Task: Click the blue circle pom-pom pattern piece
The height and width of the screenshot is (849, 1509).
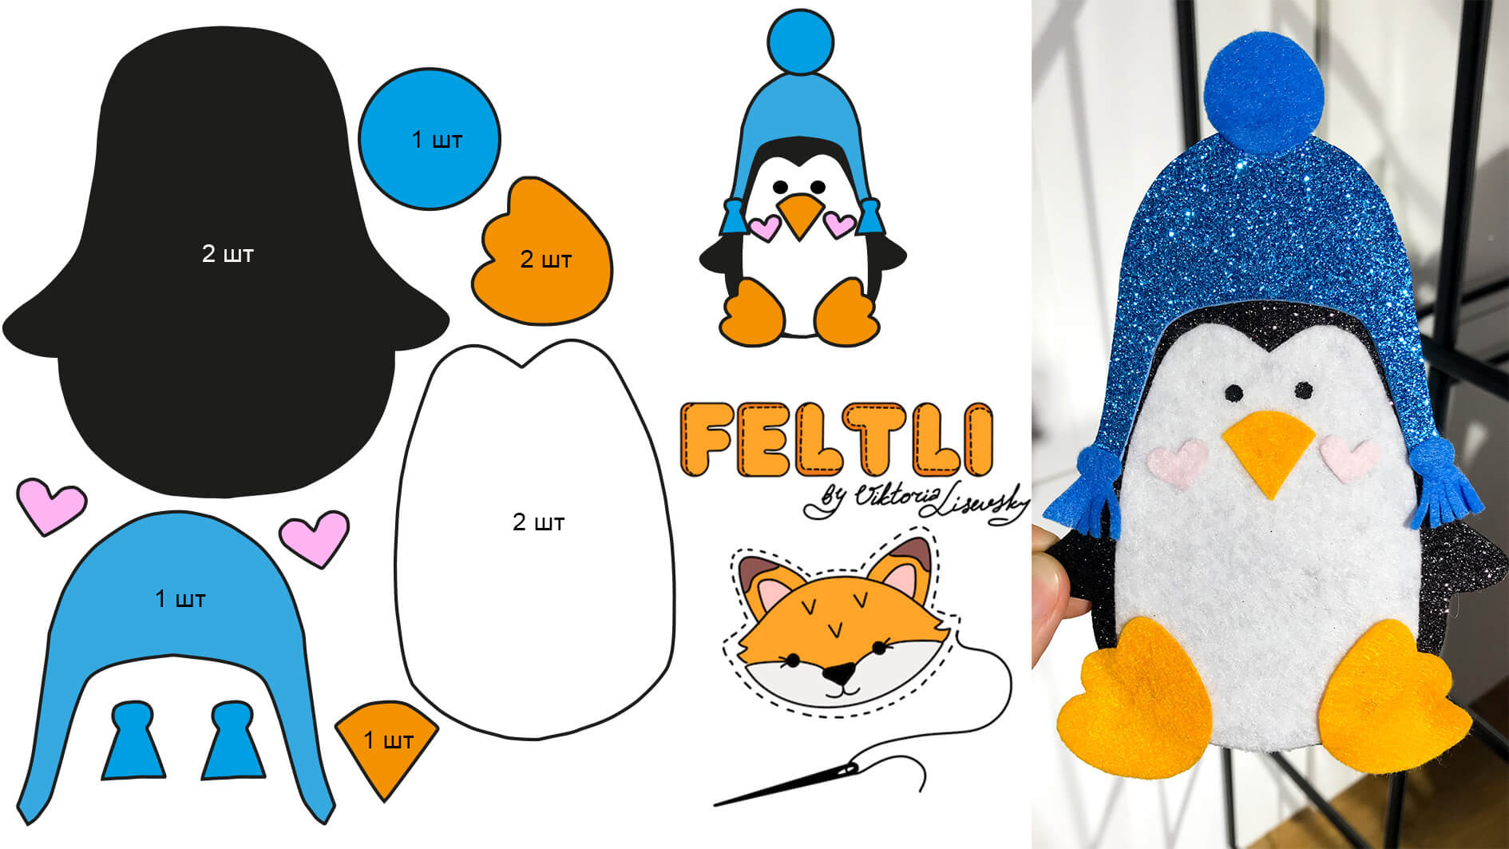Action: (430, 139)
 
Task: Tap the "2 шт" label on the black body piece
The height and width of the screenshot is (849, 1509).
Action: (228, 254)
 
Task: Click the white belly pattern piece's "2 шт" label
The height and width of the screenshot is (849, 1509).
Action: (538, 522)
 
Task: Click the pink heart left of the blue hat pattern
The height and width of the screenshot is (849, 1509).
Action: (51, 506)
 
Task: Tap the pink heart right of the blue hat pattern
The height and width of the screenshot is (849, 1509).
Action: (315, 538)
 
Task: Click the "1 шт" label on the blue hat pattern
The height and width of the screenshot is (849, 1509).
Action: (180, 598)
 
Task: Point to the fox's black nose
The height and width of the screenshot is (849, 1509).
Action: (838, 674)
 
